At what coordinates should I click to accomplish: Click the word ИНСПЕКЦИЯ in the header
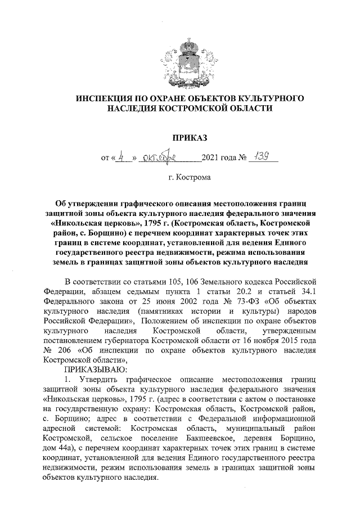[105, 98]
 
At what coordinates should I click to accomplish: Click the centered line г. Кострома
[190, 178]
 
